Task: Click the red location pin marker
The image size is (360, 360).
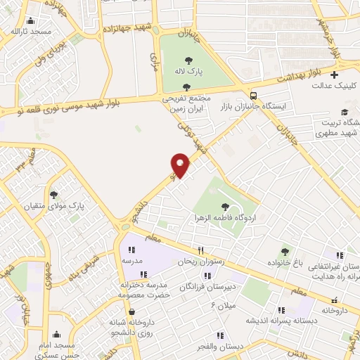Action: tap(180, 165)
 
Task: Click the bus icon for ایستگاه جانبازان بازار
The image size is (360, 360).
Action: tap(253, 95)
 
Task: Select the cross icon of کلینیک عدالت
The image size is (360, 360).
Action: tap(335, 75)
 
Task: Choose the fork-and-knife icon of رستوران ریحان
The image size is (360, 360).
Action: tap(200, 250)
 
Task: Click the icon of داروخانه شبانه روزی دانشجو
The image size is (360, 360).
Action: tap(131, 312)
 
